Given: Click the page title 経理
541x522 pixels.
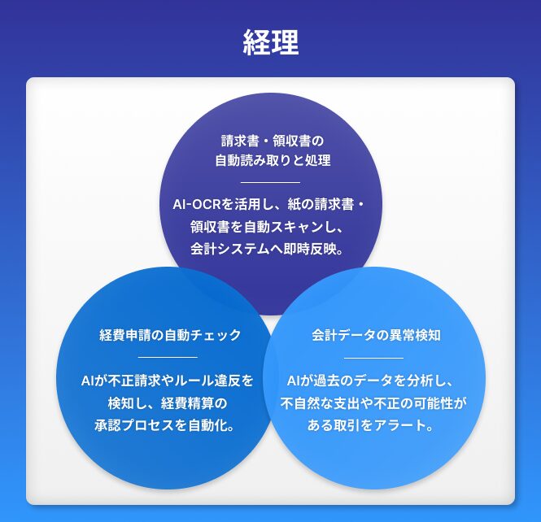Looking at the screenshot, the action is coord(271,42).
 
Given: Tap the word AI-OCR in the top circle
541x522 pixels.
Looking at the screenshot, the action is coord(197,204).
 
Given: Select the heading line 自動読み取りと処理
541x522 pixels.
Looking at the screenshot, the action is coord(273,160).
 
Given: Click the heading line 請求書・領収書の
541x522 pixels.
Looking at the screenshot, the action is coord(273,141).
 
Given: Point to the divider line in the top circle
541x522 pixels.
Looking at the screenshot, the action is coord(270,182).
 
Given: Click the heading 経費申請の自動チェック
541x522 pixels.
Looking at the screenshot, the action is coord(170,335).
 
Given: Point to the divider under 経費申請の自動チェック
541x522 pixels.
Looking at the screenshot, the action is coord(168,357).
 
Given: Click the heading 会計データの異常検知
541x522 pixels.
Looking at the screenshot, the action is coord(376,335).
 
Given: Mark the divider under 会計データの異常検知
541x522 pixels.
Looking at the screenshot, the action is coord(373,358).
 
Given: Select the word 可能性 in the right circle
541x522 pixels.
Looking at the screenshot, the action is coord(434,403).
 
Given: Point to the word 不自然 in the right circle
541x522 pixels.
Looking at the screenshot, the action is coord(300,403).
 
